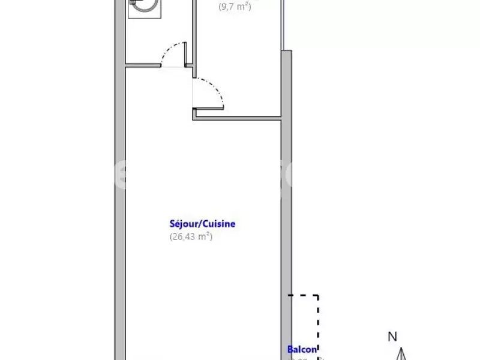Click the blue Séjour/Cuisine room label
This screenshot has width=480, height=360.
point(202,224)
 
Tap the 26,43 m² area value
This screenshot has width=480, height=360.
point(191,236)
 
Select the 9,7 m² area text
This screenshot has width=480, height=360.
point(234,7)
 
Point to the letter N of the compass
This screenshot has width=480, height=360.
point(392,337)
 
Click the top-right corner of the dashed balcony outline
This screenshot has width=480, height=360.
point(318,295)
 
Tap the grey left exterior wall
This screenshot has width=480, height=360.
point(119,180)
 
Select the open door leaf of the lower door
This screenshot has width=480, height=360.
point(209,108)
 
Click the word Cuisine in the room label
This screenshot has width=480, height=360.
point(219,224)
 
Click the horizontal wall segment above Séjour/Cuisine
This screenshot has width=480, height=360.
point(238,118)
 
